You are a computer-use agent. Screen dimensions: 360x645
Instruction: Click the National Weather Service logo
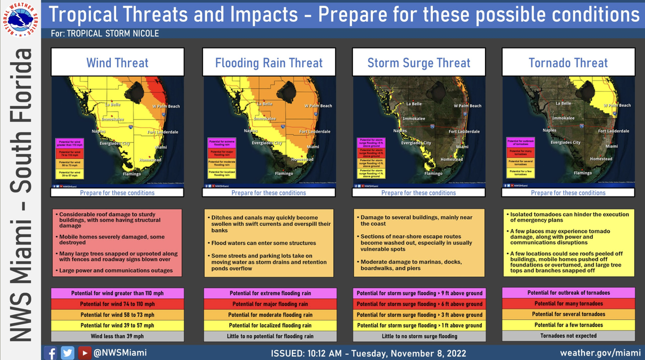[20, 20]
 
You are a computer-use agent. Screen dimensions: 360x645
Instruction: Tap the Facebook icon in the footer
[50, 353]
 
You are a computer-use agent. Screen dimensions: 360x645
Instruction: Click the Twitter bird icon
[68, 353]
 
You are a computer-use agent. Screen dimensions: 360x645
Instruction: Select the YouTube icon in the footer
[85, 353]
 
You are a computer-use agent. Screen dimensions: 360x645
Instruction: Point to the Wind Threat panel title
[117, 63]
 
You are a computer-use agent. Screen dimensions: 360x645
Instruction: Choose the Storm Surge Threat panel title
[419, 63]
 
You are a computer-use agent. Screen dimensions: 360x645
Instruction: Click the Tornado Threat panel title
[568, 63]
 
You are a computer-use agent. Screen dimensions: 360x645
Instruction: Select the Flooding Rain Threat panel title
[269, 63]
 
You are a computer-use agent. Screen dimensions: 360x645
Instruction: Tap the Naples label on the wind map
[100, 131]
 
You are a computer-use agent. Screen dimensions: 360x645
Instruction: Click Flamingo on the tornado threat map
[582, 173]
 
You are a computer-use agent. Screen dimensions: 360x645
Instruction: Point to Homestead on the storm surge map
[451, 159]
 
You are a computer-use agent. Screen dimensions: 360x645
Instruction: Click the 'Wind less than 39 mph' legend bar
[117, 336]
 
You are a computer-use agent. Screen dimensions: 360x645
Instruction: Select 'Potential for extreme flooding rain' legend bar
[270, 293]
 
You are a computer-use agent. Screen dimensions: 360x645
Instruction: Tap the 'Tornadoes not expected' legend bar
[568, 336]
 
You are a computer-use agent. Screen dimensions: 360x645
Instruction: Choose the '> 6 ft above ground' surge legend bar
[419, 304]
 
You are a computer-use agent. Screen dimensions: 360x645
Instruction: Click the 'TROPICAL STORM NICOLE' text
[113, 34]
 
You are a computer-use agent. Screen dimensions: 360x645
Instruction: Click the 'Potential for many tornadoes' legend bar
[568, 303]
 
